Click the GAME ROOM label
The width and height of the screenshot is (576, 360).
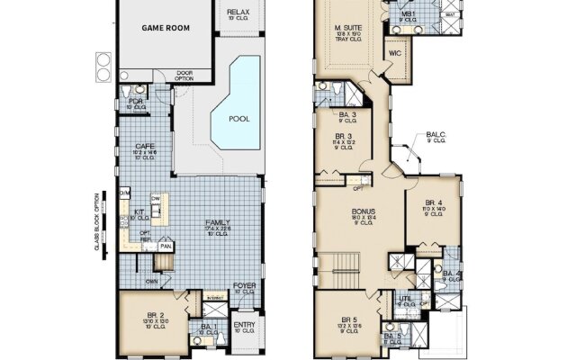pos(165,27)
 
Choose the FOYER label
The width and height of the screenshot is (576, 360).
pos(244,286)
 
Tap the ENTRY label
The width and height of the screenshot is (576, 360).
pos(244,325)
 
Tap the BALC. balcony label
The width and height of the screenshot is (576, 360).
pos(436,134)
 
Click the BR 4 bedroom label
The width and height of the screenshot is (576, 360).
pos(434,202)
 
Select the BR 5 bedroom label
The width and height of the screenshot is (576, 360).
pos(348,319)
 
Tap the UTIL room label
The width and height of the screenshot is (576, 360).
pos(406,299)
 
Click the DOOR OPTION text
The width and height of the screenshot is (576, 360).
pos(184,75)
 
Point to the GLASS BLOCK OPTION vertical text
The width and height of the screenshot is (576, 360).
pos(95,221)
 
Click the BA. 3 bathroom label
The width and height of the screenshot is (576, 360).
pos(347,114)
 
